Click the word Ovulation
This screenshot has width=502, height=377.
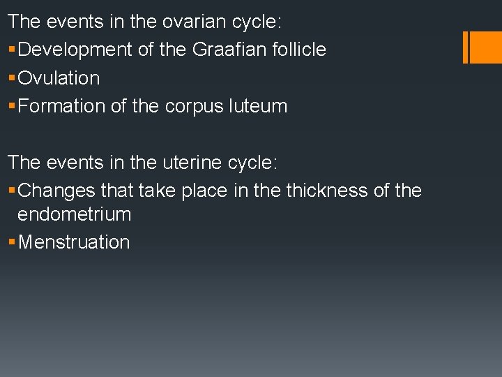point(59,78)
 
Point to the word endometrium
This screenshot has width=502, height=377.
point(75,214)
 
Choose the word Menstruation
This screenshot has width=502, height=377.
point(74,242)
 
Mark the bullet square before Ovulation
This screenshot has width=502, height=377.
point(12,78)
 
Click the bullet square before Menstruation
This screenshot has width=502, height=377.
point(12,242)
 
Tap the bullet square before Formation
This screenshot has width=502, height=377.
point(12,106)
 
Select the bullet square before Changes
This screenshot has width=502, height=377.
point(12,191)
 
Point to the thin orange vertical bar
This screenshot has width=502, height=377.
point(466,47)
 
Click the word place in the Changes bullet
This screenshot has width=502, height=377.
point(204,191)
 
